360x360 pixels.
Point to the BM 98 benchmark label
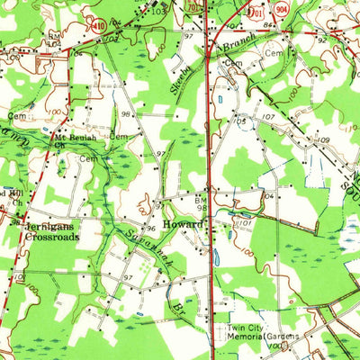(x=202, y=202)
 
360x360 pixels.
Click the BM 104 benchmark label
(x=267, y=195)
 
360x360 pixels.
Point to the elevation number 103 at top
(x=158, y=12)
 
